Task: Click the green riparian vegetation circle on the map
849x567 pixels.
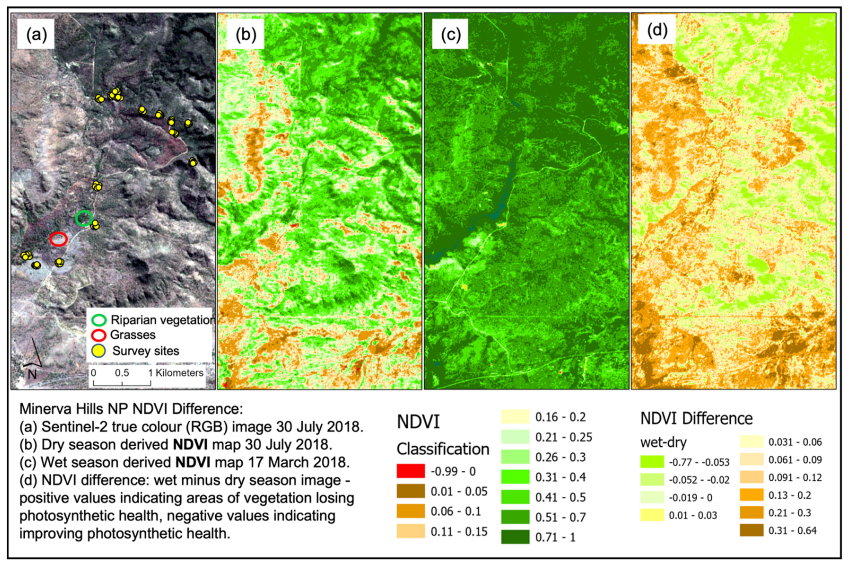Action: coord(84,218)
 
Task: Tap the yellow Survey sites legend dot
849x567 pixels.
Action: coord(99,351)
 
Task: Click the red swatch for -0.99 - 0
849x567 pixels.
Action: coord(411,471)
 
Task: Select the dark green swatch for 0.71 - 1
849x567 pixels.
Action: coord(515,537)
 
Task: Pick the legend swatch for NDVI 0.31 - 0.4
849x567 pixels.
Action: coord(515,477)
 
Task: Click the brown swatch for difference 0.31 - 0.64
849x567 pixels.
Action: coord(751,530)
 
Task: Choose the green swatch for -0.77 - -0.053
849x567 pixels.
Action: coord(652,462)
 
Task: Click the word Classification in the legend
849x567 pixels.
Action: coord(443,449)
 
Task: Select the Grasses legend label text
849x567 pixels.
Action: coord(133,335)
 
